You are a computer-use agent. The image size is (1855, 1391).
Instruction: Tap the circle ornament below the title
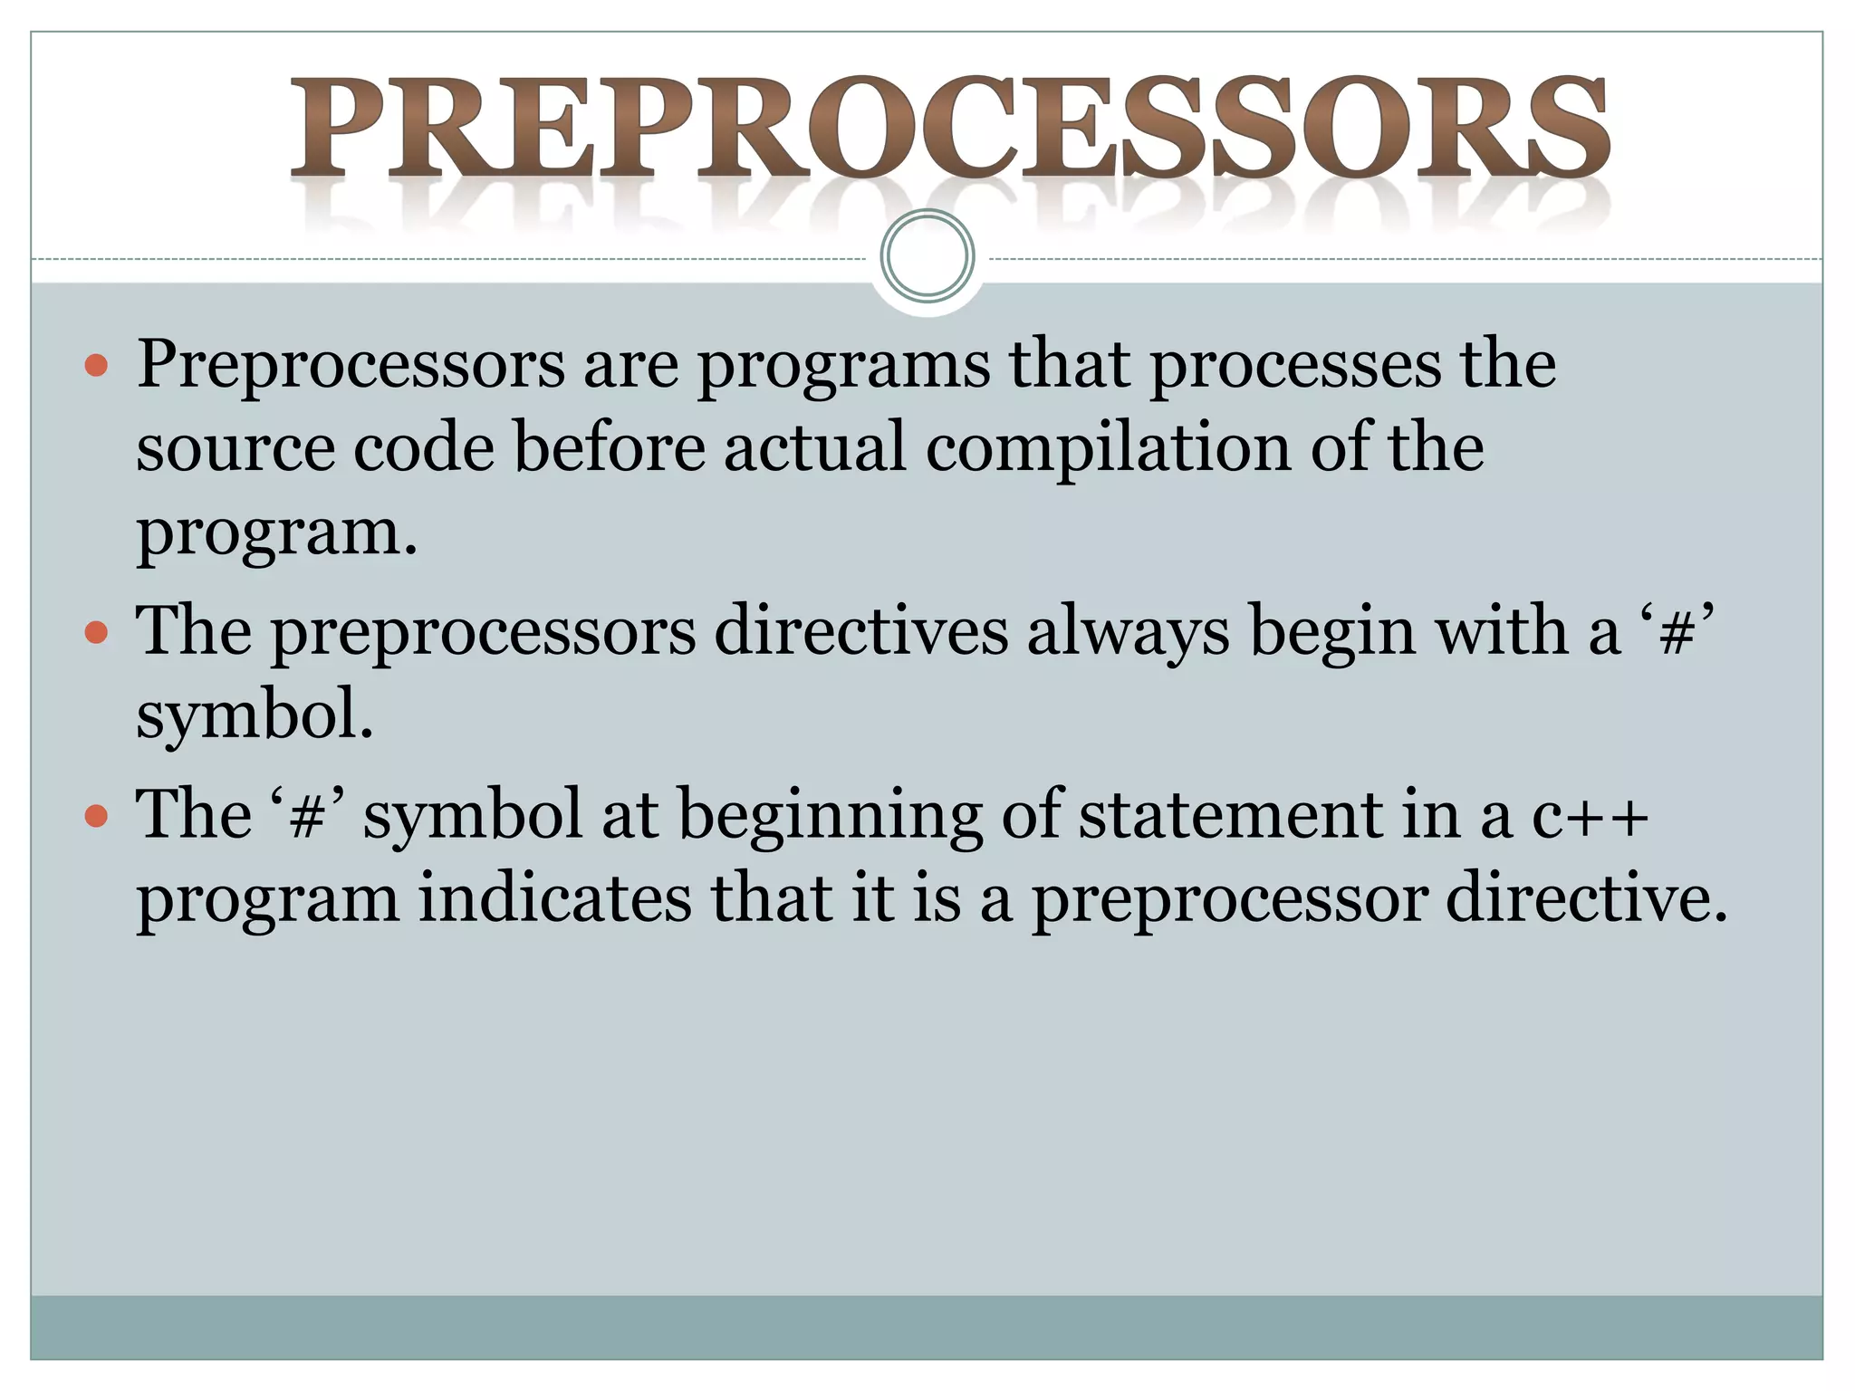(927, 256)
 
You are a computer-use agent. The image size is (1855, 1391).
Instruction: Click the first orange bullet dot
(95, 366)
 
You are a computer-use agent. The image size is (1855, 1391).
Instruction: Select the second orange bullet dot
(95, 632)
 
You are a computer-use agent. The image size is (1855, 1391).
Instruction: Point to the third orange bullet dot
(95, 816)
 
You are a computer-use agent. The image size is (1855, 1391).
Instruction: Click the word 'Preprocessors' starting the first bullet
(351, 366)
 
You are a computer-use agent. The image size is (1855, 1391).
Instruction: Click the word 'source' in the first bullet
(234, 447)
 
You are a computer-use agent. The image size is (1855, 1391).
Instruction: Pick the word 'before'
(609, 447)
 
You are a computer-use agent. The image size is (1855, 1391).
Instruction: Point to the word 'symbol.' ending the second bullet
(255, 715)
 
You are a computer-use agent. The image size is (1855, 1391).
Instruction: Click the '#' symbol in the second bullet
(1677, 633)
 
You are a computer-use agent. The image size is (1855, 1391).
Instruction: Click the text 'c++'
(1590, 815)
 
